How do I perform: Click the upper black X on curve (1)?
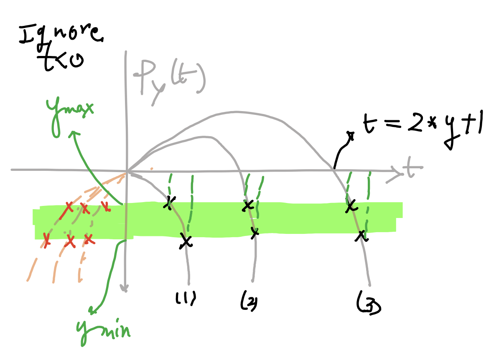(168, 203)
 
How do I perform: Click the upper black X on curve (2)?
(248, 205)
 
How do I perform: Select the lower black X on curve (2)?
(255, 232)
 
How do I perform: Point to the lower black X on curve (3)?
(360, 236)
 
